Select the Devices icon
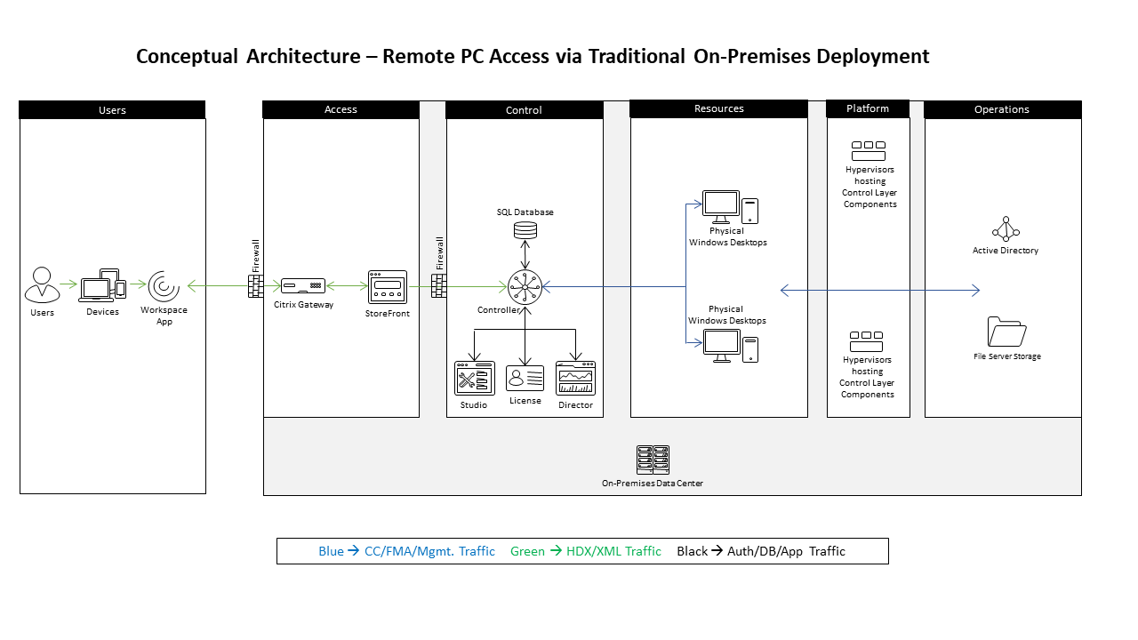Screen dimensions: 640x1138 click(x=102, y=286)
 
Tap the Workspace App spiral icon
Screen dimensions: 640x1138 click(x=164, y=286)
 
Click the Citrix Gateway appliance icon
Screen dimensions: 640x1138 click(x=301, y=286)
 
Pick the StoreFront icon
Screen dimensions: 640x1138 click(x=388, y=287)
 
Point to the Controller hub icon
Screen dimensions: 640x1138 click(x=525, y=287)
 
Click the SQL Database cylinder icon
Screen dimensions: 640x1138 click(x=525, y=230)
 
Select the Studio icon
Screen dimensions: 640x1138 click(x=474, y=378)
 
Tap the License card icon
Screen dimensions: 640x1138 click(x=525, y=378)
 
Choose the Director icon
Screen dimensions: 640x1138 click(x=575, y=378)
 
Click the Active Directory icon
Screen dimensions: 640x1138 click(x=1006, y=229)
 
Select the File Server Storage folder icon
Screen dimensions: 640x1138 click(x=1006, y=332)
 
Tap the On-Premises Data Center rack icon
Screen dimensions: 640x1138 click(x=653, y=460)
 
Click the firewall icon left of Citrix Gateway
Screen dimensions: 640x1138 click(x=256, y=286)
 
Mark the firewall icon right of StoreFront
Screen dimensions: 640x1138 click(x=439, y=286)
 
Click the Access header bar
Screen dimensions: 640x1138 click(x=341, y=109)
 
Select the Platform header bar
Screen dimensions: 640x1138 click(x=868, y=108)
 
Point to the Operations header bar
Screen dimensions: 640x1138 click(x=1002, y=109)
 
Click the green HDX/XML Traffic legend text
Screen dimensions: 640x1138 click(x=585, y=551)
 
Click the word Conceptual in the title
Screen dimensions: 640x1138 click(x=187, y=57)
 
